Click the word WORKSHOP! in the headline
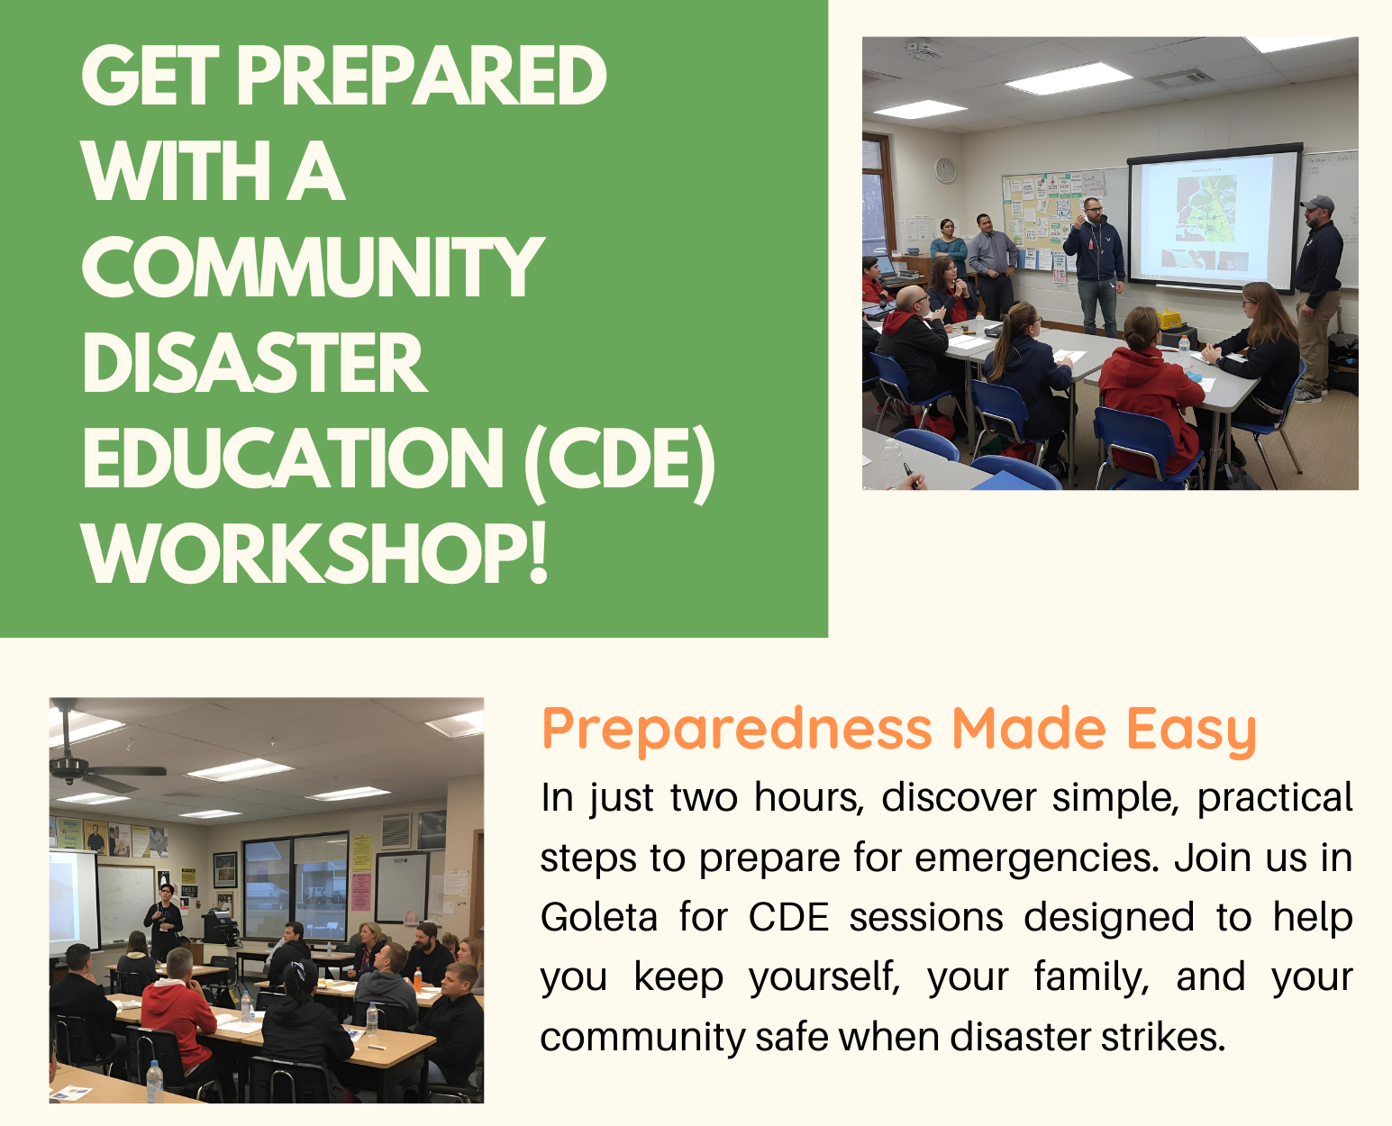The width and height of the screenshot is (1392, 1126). coord(314,553)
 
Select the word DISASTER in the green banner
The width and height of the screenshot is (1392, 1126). coord(255,362)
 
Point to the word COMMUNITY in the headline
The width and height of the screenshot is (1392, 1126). coord(313,267)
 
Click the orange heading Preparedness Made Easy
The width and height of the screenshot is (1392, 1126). coord(899,730)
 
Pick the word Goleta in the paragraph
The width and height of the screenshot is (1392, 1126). coord(598,917)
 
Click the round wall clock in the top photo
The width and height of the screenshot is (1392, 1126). coord(945,170)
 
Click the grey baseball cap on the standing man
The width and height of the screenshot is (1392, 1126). coord(1317,203)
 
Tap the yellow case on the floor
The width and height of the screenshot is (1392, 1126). coord(1169,320)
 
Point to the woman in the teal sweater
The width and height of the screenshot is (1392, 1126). coord(949,248)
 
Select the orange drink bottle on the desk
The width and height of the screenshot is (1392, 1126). coord(418,979)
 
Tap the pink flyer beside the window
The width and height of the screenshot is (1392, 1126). coord(360,890)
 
